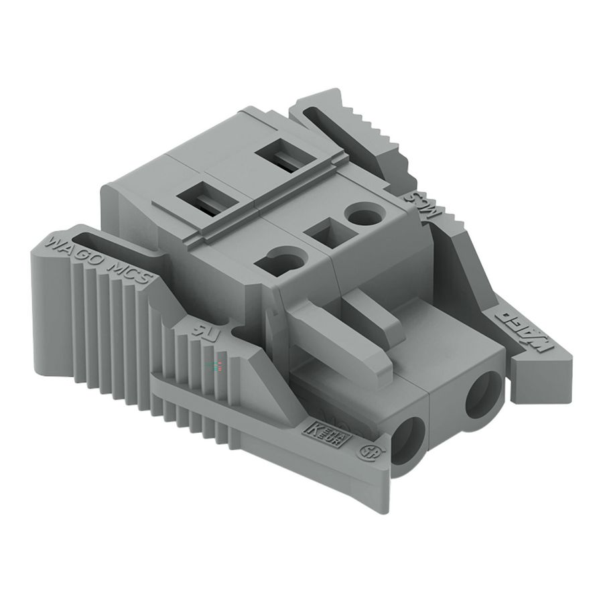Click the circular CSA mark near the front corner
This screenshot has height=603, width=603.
point(368,451)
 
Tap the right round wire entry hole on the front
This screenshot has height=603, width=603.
point(483,395)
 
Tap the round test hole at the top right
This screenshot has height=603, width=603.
point(364,216)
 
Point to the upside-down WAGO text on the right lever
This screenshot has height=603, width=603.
point(522,328)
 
